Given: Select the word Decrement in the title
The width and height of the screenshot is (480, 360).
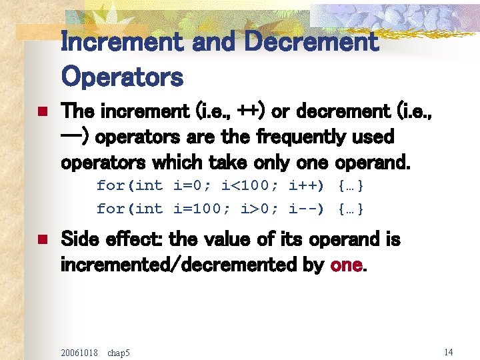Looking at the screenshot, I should pyautogui.click(x=311, y=42).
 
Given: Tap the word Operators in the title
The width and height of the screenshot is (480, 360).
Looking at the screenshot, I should pyautogui.click(x=122, y=77).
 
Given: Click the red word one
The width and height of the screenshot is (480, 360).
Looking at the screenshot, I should pyautogui.click(x=347, y=265).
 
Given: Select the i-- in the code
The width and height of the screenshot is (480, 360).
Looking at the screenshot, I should pyautogui.click(x=307, y=209).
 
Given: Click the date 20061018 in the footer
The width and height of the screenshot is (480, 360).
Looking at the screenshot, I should pyautogui.click(x=79, y=351).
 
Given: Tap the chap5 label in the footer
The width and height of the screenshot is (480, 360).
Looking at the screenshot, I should pyautogui.click(x=119, y=351).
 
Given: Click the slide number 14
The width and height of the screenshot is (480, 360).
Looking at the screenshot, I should pyautogui.click(x=448, y=351).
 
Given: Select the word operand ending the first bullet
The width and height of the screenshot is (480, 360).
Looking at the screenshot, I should pyautogui.click(x=373, y=163).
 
